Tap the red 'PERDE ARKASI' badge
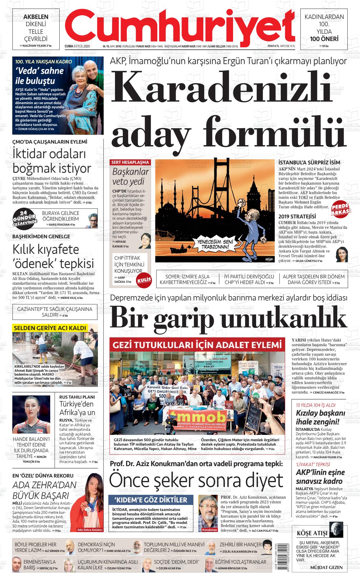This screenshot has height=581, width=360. (x=341, y=209)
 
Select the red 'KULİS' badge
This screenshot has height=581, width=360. (x=144, y=280)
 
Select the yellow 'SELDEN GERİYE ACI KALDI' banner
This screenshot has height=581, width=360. (x=50, y=328)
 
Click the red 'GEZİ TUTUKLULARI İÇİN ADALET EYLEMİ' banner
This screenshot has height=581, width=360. (x=197, y=344)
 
